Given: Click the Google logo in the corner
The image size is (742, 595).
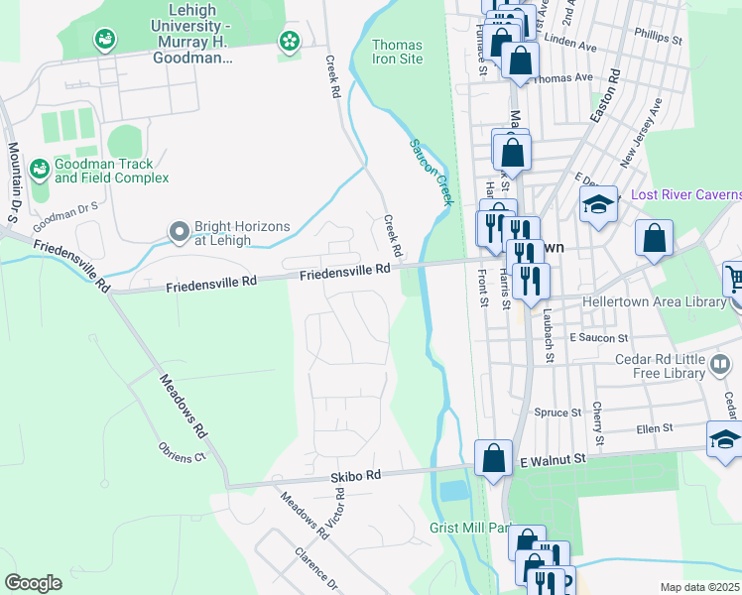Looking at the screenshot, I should [33, 583].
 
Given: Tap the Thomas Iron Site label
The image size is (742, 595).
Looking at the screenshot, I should [397, 52].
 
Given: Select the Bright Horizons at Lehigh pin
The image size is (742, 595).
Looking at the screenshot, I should [179, 232].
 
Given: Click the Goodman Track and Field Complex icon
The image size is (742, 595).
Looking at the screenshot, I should [40, 170].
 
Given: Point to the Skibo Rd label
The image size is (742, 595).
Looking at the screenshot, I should [356, 476].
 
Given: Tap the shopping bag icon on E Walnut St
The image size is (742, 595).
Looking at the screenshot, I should [493, 458].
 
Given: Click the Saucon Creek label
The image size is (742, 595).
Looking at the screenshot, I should [432, 172].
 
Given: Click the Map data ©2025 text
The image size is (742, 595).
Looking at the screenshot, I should [699, 587].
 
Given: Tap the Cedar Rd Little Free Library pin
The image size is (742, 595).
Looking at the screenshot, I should [721, 368].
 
